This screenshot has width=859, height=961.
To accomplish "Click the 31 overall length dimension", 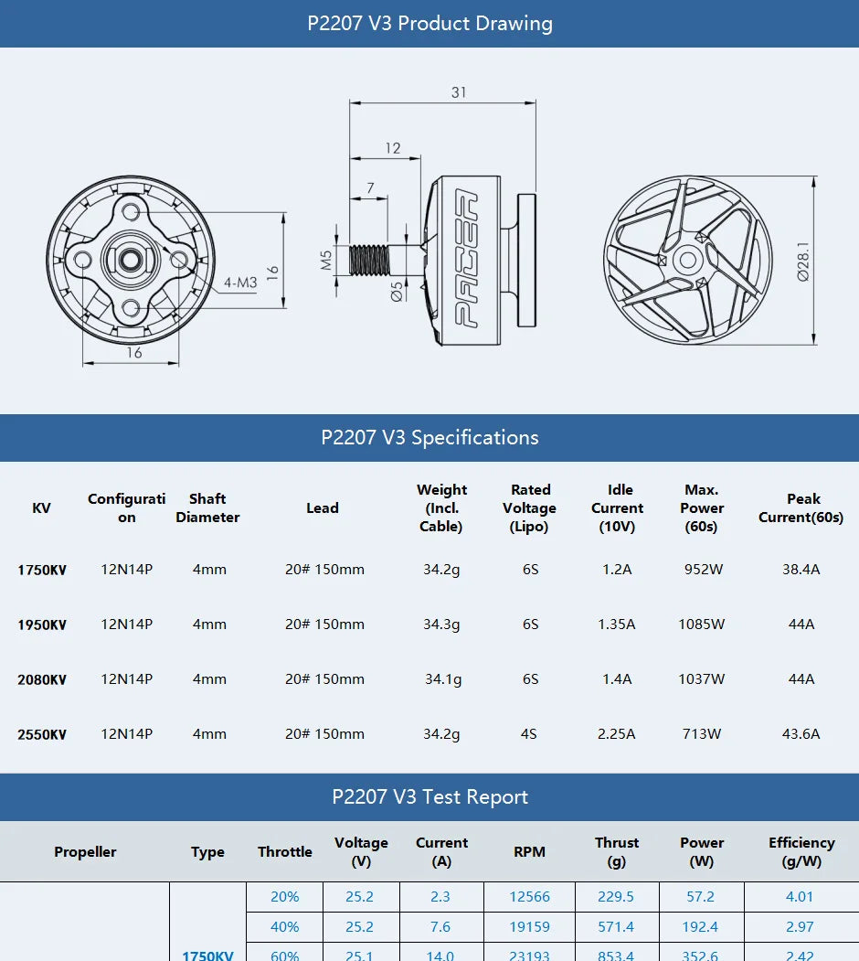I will tap(458, 92).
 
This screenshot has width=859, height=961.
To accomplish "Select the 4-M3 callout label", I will tap(240, 283).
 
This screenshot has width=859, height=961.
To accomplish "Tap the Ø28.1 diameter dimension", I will tap(803, 262).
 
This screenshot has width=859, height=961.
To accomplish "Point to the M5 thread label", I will tap(326, 261).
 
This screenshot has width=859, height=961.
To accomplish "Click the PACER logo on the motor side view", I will tap(466, 260).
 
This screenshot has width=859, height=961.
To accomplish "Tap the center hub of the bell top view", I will tap(686, 261).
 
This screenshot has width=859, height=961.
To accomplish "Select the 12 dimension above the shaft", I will tap(392, 148).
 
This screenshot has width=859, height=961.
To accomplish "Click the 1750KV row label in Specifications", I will tap(42, 570).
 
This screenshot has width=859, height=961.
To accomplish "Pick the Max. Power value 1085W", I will tap(702, 625).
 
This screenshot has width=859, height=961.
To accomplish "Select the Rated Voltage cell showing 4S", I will tap(529, 734).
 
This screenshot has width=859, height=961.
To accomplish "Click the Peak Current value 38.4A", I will tap(801, 570).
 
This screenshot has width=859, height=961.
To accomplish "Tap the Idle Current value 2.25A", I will tap(616, 734).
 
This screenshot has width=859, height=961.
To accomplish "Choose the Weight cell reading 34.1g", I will tap(442, 679).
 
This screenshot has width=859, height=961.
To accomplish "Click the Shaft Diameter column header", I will tap(207, 508).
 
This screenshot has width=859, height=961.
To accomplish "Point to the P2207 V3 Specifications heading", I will tap(429, 438).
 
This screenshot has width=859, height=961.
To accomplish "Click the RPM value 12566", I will tap(529, 897).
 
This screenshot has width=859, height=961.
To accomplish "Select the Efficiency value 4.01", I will tap(800, 897).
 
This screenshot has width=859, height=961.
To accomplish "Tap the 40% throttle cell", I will tap(284, 927).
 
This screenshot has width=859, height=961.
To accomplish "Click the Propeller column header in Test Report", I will tap(85, 852).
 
